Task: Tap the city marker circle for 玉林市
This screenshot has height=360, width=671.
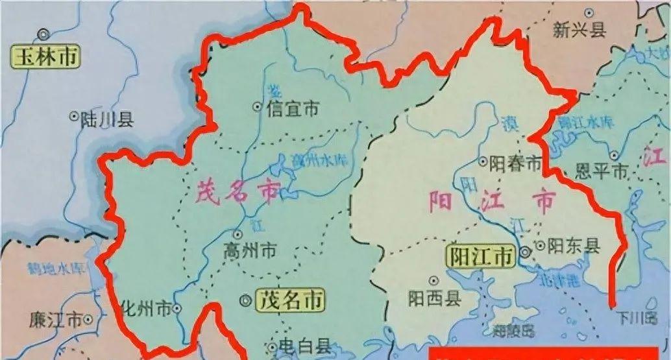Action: (x=43, y=34)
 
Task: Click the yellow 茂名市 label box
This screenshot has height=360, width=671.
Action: (x=290, y=300)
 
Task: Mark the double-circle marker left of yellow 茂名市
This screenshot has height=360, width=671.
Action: (x=245, y=300)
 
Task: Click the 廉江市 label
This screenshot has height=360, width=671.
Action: (x=56, y=319)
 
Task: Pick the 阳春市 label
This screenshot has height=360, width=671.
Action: (x=515, y=163)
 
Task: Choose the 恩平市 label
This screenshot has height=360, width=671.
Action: (x=602, y=171)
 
